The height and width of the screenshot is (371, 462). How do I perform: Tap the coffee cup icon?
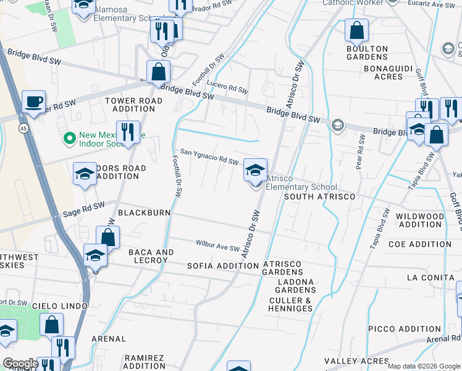33,102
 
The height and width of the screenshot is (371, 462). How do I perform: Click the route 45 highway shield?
23,128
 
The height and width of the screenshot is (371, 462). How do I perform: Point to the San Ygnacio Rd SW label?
209,157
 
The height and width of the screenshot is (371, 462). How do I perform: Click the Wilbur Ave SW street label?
217,247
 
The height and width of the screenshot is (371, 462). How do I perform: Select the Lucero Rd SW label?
227,87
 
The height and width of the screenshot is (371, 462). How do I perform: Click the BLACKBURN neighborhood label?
144,213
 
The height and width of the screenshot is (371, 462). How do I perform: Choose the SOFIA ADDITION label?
222,266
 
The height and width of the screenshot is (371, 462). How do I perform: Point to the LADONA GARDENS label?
295,286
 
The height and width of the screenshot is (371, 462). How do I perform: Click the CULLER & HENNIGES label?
291,304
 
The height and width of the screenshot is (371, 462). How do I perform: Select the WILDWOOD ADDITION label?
419,221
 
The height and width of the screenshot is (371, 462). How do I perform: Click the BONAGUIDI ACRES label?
384,72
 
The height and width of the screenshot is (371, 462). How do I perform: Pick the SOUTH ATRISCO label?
319,197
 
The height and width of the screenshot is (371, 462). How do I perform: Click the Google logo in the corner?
20,364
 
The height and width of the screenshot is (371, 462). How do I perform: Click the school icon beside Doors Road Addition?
85,174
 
